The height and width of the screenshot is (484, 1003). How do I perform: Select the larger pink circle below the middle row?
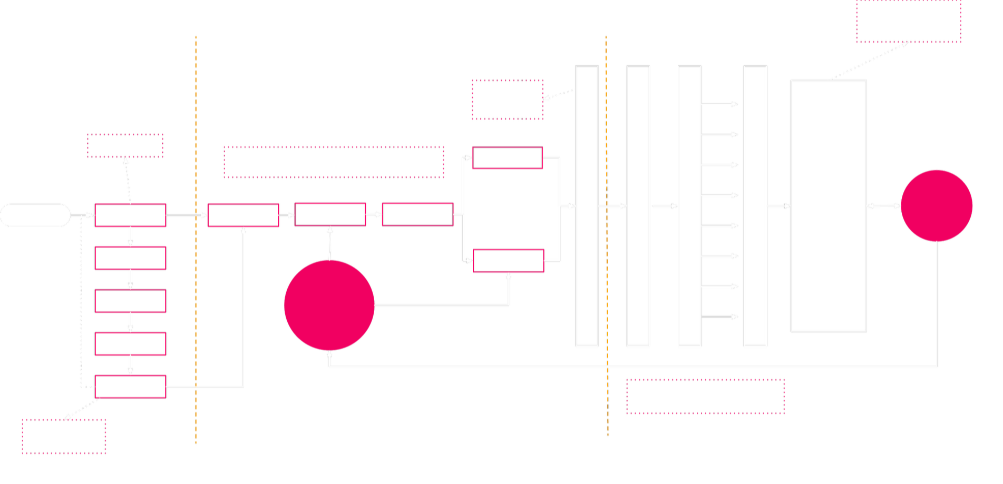point(329,305)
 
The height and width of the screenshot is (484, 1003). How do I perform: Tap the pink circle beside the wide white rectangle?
point(937,205)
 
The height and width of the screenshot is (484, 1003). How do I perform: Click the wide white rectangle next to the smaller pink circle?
point(829,205)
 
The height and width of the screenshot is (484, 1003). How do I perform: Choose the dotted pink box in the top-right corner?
point(908,22)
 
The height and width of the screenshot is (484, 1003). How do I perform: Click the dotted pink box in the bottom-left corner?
point(64,436)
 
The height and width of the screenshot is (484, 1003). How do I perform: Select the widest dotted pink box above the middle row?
point(334,162)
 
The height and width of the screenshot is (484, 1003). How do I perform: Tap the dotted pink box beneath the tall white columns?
point(705,396)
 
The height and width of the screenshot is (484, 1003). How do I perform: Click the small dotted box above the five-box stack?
point(125,145)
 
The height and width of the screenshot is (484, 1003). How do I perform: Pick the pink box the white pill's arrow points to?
point(130,215)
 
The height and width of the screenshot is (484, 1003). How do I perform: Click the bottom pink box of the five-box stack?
point(130,387)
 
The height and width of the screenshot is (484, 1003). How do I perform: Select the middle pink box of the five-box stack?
point(130,301)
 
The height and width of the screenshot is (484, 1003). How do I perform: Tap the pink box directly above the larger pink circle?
point(330,214)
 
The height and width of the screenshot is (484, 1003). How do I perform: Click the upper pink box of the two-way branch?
point(507,157)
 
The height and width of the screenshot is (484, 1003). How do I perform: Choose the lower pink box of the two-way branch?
point(508,261)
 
